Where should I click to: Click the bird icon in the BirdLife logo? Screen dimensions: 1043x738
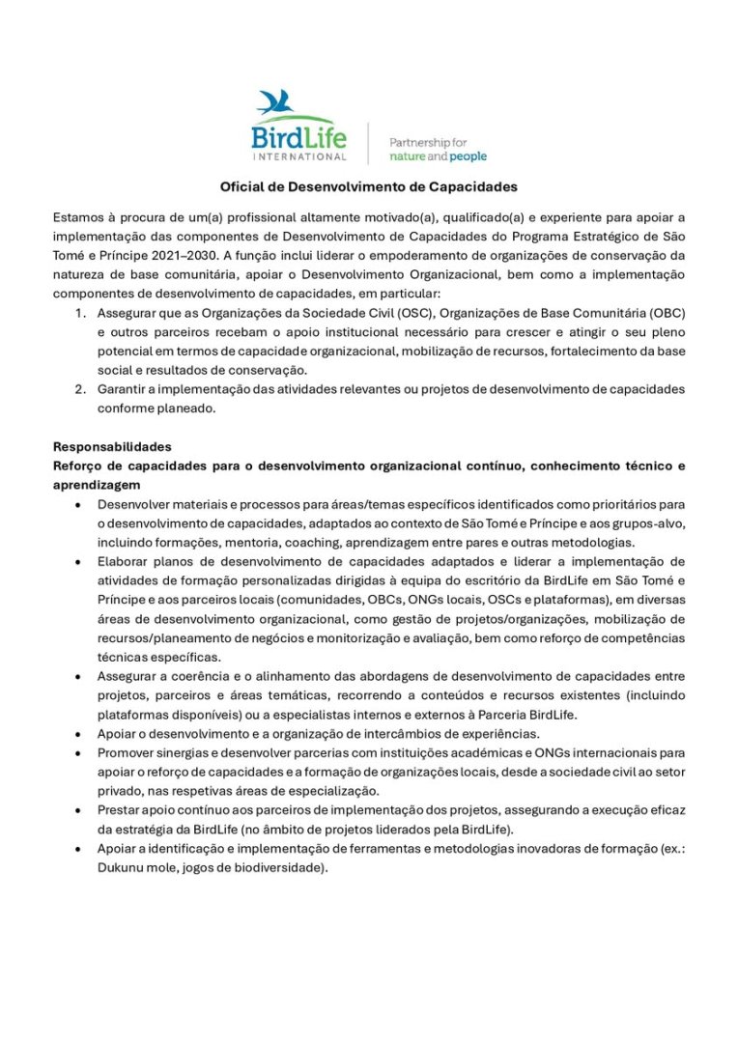point(275,102)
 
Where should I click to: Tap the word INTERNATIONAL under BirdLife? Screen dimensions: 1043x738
point(298,155)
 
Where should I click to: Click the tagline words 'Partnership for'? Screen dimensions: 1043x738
point(427,142)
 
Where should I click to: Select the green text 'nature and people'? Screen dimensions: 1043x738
point(438,156)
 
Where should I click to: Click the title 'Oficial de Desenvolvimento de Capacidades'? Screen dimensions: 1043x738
point(369,186)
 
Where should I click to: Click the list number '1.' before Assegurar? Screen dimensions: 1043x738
point(81,313)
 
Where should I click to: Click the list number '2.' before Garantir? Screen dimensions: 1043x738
point(81,389)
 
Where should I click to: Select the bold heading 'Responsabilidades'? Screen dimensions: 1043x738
point(112,447)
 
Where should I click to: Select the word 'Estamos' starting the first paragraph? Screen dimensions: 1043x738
point(79,218)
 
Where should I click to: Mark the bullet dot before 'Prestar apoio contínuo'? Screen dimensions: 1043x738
point(76,809)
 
